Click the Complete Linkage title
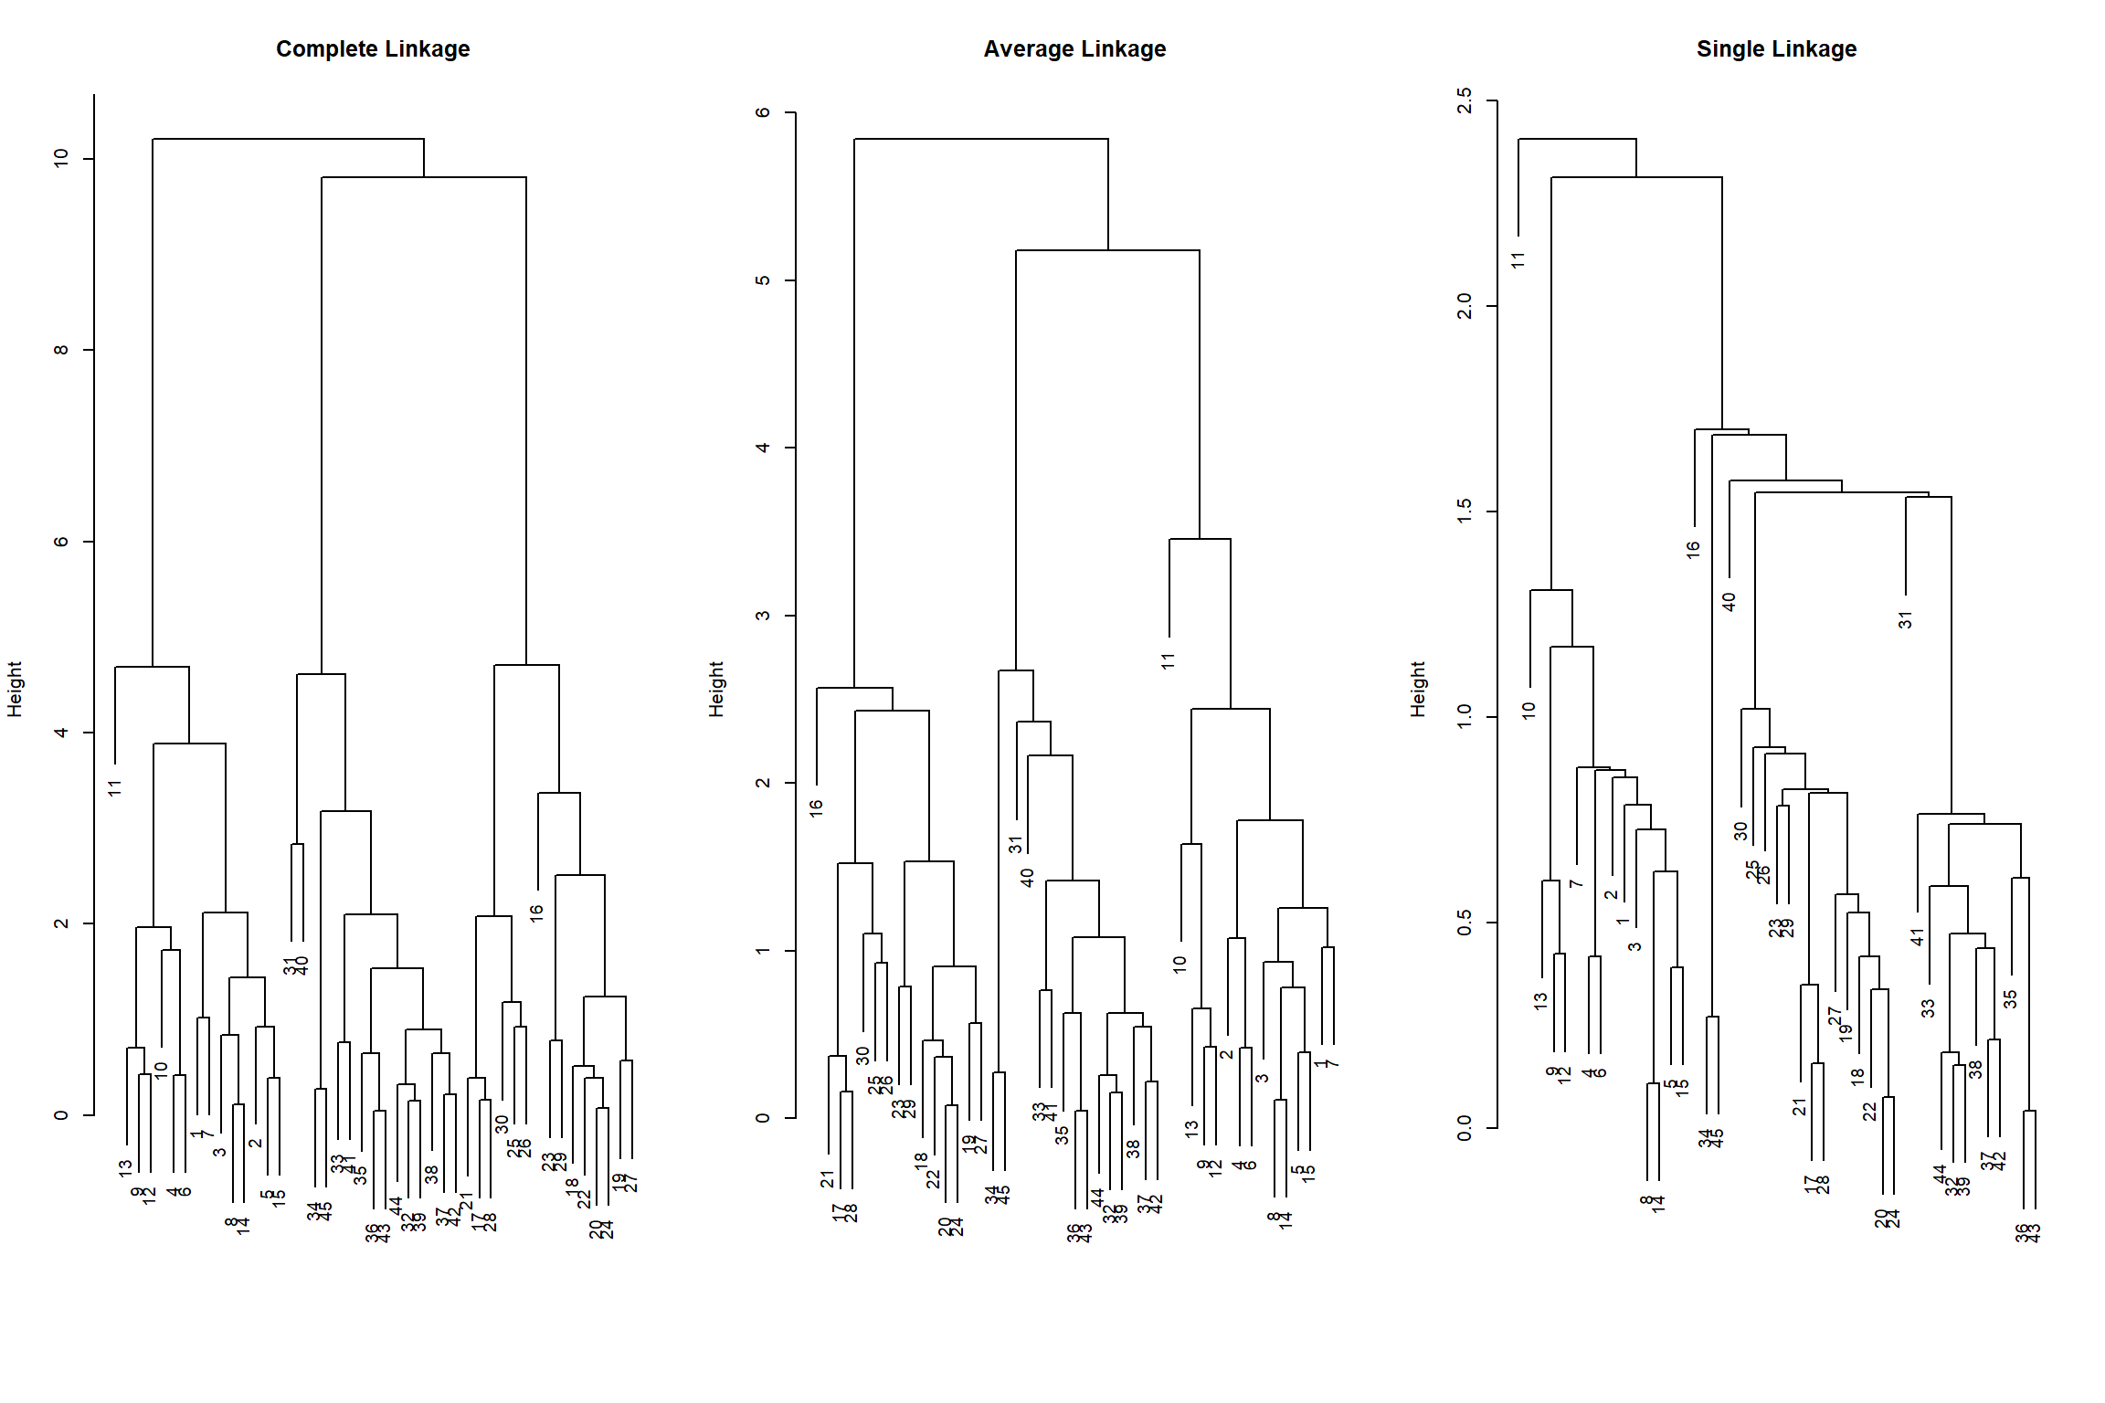(373, 49)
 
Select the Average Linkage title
(1074, 49)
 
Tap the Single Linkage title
(1776, 49)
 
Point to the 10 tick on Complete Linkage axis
(62, 158)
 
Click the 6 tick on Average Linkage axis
(764, 112)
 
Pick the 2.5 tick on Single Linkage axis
(1465, 100)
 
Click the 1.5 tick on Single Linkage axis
(1465, 512)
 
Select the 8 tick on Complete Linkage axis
(62, 350)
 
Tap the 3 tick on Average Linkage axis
(764, 616)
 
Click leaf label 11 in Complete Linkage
(115, 787)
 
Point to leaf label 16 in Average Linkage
(817, 807)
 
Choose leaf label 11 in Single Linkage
(1518, 260)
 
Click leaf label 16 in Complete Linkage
(537, 912)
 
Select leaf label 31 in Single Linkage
(1906, 620)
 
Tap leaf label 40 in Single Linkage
(1729, 602)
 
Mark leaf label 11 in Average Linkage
(1169, 661)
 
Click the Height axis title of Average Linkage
(716, 689)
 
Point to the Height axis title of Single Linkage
(1418, 689)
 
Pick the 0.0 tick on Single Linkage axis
(1465, 1128)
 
